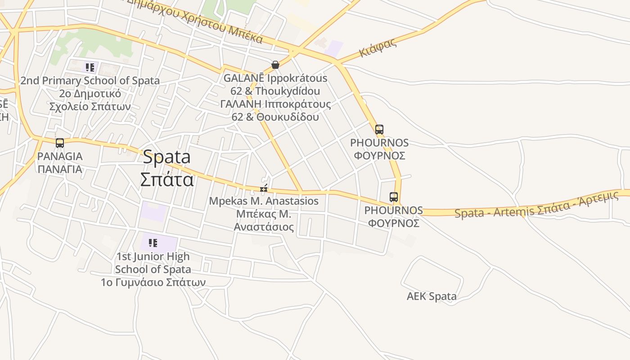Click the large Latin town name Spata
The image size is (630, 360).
166,157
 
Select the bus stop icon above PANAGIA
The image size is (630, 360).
60,143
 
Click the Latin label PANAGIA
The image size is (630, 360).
60,156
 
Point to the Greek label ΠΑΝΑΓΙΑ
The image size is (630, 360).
60,169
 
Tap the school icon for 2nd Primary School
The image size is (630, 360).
90,67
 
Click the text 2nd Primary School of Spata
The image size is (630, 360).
90,81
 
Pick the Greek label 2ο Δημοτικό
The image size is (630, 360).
90,94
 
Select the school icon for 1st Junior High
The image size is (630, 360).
153,243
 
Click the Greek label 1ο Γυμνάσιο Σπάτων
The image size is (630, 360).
153,283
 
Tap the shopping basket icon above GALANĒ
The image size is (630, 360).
275,65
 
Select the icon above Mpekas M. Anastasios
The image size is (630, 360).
264,188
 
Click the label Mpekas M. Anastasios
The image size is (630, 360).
264,201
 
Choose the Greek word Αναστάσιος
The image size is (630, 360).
264,227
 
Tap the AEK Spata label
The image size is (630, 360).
432,296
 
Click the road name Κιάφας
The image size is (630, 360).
378,48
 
